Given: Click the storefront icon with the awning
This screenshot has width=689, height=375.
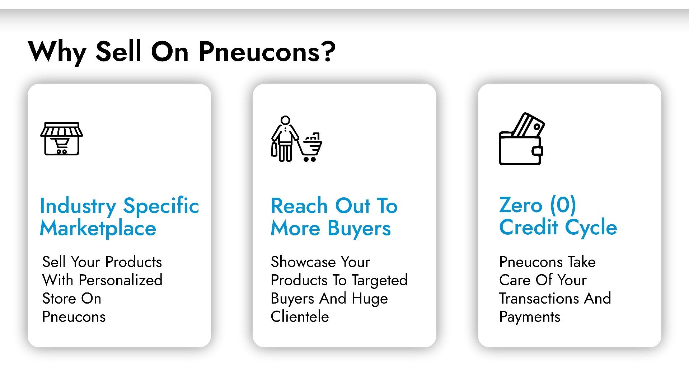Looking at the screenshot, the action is click(62, 139).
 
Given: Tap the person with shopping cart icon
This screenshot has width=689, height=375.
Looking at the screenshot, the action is click(296, 139).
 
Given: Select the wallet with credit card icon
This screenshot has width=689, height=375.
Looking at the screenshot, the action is click(522, 139).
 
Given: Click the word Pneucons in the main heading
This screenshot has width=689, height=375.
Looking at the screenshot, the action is click(259, 52).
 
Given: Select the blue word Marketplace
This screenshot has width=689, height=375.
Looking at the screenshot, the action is click(98, 229).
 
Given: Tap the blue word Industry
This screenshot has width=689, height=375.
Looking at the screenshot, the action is click(78, 207).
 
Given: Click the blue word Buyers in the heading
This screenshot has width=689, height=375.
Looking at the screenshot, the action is click(359, 229).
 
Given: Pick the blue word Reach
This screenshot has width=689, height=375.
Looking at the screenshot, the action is click(299, 206).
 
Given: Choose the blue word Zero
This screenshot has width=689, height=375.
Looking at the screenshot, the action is click(521, 205).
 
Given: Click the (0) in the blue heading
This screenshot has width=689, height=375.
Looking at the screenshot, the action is click(563, 205).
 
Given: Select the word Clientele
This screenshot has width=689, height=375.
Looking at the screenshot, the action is click(300, 317).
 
